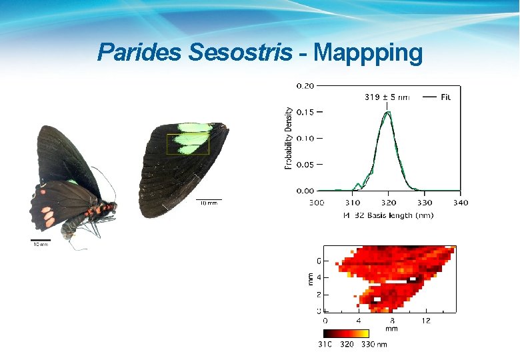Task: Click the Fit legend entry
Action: pos(445,97)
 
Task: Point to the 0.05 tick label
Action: pos(305,164)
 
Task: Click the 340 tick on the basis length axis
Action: pos(460,202)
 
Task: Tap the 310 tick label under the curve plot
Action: pos(352,202)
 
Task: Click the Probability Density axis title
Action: pos(289,138)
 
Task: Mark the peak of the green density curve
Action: pos(387,113)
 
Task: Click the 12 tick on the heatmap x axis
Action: pos(426,320)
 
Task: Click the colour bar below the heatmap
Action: pos(345,333)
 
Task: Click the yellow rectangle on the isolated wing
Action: pos(188,144)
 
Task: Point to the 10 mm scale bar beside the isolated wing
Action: pos(208,200)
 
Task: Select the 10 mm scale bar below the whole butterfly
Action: pos(41,241)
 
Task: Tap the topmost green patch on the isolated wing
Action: pos(194,127)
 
